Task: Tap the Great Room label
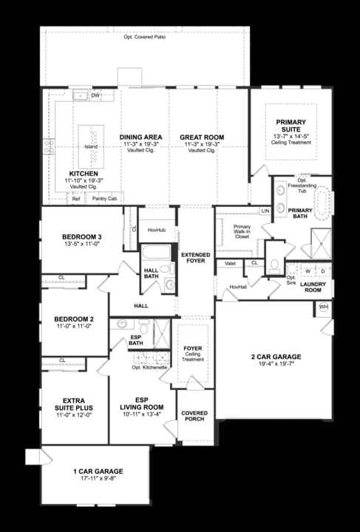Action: (201, 137)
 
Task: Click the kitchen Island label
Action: (90, 146)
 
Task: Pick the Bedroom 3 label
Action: (81, 237)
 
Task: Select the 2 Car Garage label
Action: (276, 357)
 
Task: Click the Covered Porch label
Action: (195, 416)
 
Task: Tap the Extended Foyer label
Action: (196, 258)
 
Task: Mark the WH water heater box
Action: (323, 306)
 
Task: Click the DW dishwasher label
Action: (95, 96)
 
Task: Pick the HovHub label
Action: (156, 230)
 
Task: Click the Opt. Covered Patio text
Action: (144, 36)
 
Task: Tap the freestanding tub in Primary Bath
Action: (304, 199)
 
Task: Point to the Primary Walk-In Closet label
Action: (242, 232)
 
